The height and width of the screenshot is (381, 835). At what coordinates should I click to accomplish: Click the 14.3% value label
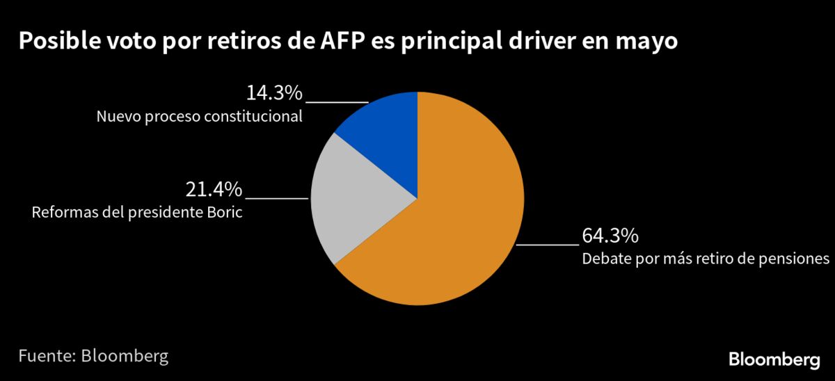pos(274,93)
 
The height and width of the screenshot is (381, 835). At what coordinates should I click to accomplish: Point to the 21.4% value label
pos(214,189)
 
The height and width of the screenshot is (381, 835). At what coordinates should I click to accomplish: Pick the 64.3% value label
pos(610,236)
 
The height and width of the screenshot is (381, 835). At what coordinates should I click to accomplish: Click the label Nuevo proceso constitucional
pos(200,116)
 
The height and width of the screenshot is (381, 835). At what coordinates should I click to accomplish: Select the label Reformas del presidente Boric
pos(137,212)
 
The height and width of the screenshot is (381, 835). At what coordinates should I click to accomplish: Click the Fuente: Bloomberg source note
pos(93,357)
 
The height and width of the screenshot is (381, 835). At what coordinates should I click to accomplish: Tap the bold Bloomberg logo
pos(774,359)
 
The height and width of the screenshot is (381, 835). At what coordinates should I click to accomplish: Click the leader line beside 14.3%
pos(337,102)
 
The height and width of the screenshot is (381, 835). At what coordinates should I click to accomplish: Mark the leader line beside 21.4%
pos(276,198)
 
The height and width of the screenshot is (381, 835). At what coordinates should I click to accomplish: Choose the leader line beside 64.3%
pos(548,245)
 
